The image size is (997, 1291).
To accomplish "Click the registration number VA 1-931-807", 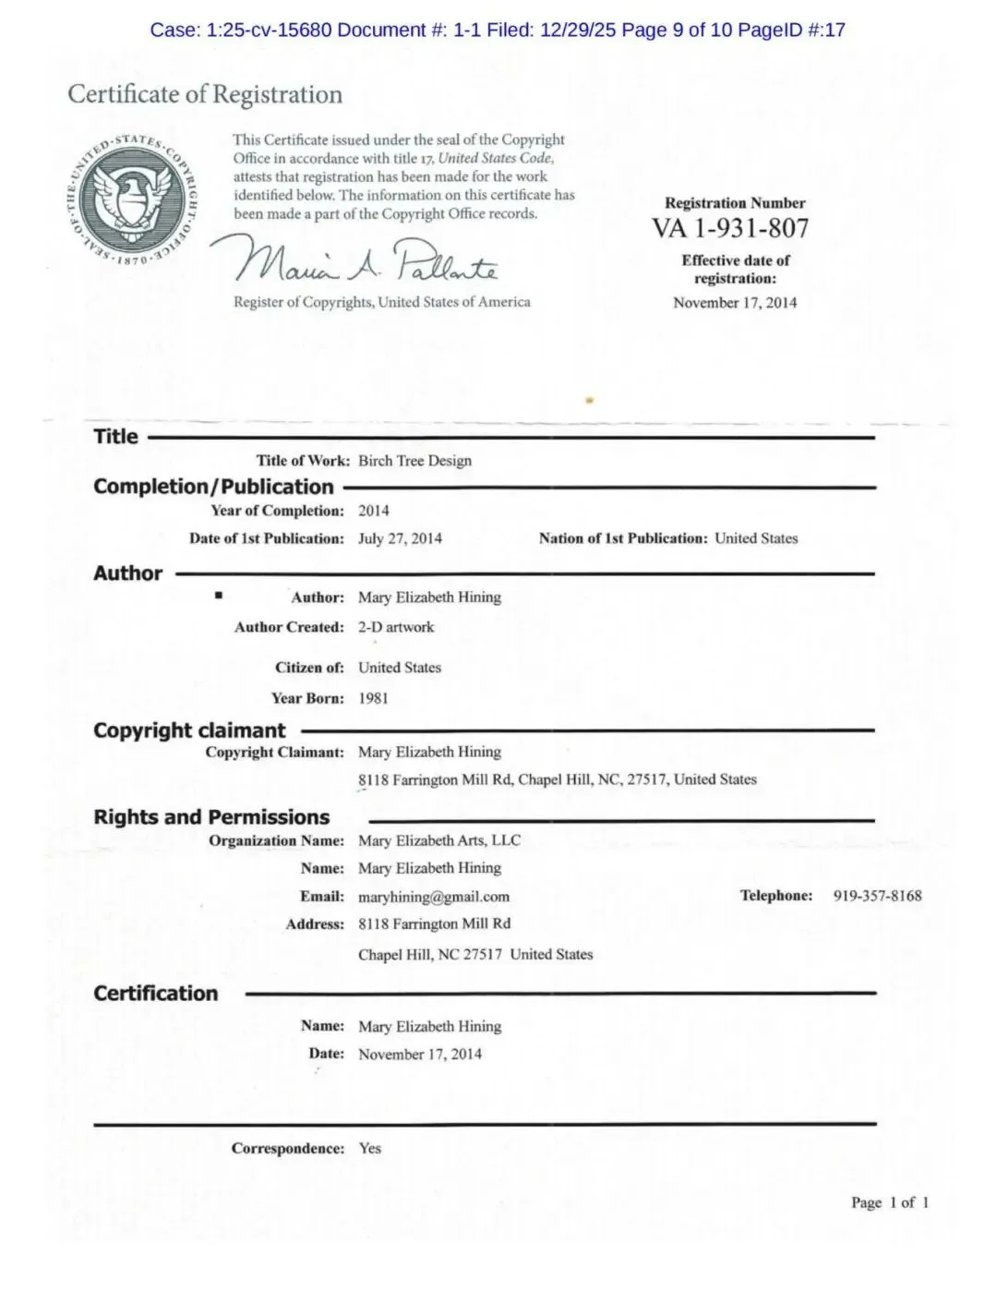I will tap(730, 228).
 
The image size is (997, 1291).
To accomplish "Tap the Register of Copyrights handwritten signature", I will tap(355, 260).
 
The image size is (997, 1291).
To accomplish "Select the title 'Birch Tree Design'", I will tap(414, 461).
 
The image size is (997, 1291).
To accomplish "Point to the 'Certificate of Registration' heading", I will tap(205, 94).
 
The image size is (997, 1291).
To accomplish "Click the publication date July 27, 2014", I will tap(400, 538).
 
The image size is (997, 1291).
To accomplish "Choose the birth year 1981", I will tap(373, 698).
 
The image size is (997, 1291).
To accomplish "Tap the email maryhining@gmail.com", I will tap(434, 897).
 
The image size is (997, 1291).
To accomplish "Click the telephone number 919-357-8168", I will tap(877, 896).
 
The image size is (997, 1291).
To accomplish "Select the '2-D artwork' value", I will tap(396, 627).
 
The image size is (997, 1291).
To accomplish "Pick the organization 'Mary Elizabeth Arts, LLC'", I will tap(439, 840).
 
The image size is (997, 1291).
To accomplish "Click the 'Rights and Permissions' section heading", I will tap(211, 817).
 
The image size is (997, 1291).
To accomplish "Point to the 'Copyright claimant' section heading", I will tap(189, 730).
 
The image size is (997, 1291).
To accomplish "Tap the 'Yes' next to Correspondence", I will tap(369, 1149).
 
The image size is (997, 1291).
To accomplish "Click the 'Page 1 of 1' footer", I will tap(890, 1202).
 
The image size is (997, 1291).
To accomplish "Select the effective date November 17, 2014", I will tap(735, 303).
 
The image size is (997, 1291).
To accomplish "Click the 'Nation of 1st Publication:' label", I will tap(623, 538).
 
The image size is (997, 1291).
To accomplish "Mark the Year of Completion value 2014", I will tap(374, 511).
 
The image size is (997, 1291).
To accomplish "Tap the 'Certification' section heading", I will tap(156, 994).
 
